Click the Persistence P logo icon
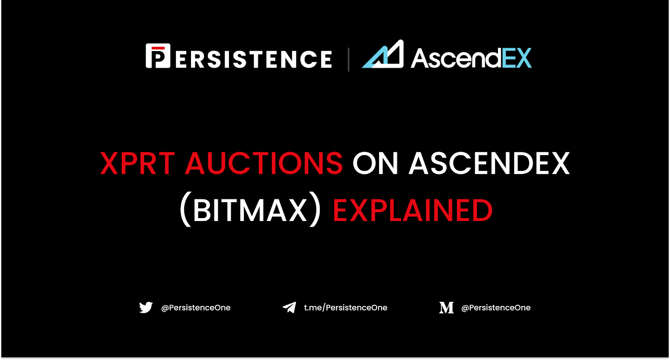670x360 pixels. click(158, 56)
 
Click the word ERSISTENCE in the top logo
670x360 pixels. click(254, 59)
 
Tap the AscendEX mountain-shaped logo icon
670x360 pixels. click(383, 54)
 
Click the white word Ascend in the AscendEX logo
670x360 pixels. click(456, 58)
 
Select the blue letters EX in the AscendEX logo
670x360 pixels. click(517, 58)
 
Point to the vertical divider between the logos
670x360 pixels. click(348, 59)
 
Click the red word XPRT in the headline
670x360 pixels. click(137, 163)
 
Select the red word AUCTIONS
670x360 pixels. click(264, 163)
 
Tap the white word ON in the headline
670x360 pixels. click(375, 163)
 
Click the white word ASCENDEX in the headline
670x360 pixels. click(490, 163)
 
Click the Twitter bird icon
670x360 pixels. click(146, 307)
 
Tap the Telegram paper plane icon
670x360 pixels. click(289, 307)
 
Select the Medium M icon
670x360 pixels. click(446, 308)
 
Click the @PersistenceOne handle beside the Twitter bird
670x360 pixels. click(196, 308)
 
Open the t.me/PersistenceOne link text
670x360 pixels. click(345, 308)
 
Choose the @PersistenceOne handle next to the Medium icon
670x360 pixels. click(496, 308)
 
